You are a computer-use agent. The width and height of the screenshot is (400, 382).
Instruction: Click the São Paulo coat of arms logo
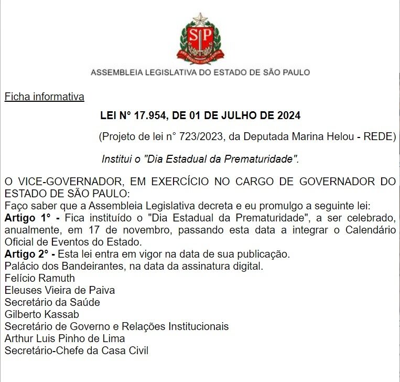click(200, 39)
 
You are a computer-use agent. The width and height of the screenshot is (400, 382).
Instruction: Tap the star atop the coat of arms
click(200, 20)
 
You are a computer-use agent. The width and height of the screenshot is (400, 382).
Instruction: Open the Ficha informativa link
click(44, 97)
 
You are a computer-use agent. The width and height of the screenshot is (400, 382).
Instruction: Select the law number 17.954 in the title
click(149, 115)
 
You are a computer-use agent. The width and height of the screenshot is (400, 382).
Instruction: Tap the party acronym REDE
click(380, 137)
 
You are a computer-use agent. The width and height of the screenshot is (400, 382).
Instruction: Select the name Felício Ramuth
click(40, 278)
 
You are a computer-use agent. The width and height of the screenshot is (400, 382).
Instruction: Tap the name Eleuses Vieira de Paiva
click(59, 290)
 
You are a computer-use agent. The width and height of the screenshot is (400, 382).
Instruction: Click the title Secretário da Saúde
click(52, 302)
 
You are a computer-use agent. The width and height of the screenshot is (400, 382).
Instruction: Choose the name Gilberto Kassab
click(42, 314)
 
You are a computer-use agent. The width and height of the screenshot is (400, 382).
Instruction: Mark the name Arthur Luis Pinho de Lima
click(64, 338)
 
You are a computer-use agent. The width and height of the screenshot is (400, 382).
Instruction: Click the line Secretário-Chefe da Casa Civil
click(77, 351)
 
